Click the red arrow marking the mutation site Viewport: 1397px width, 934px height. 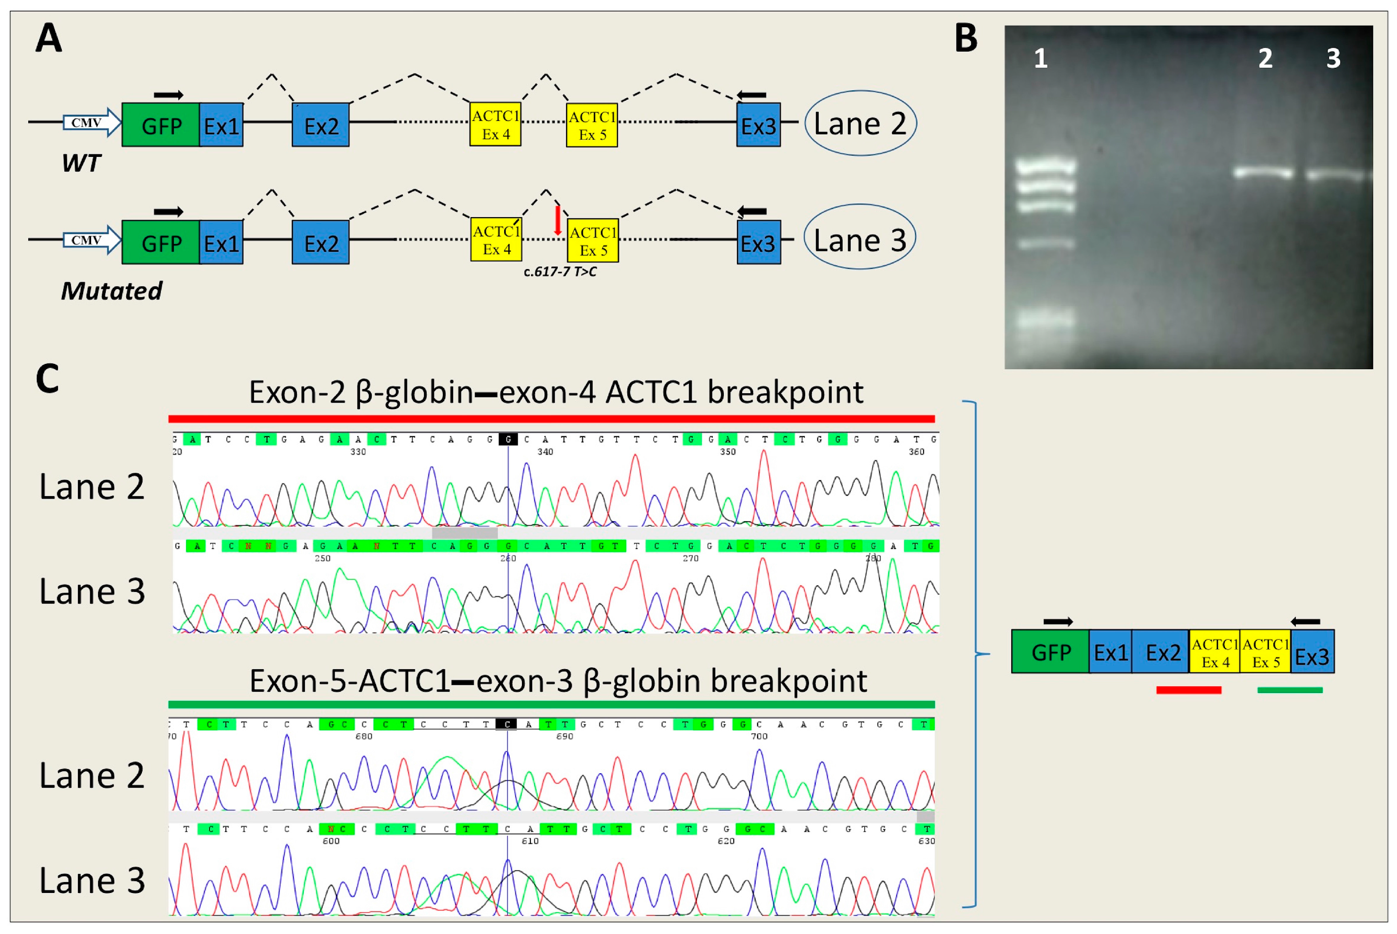pyautogui.click(x=557, y=220)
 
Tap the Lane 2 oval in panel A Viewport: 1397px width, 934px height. pyautogui.click(x=860, y=123)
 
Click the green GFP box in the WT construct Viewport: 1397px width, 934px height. pyautogui.click(x=160, y=125)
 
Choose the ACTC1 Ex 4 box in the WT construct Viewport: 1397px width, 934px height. pyautogui.click(x=495, y=125)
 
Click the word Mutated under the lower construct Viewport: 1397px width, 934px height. pyautogui.click(x=111, y=291)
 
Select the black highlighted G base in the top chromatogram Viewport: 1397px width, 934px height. pyautogui.click(x=508, y=440)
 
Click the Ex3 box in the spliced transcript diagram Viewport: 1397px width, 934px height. pyautogui.click(x=1312, y=652)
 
